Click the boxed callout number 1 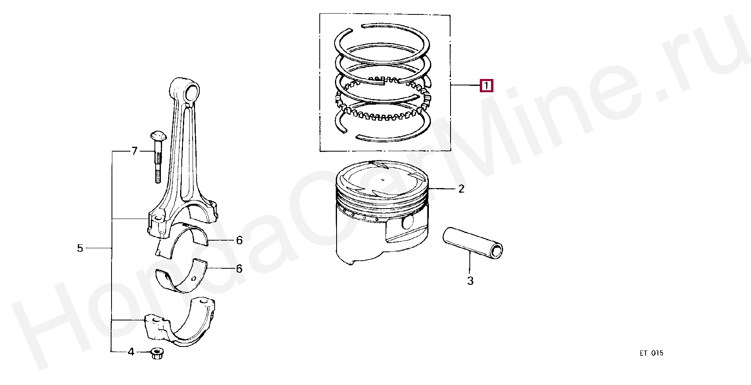pyautogui.click(x=487, y=86)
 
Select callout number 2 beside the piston pyautogui.click(x=461, y=188)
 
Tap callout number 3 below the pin pyautogui.click(x=470, y=281)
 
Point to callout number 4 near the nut pyautogui.click(x=131, y=352)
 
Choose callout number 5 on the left pyautogui.click(x=80, y=248)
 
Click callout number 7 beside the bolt pyautogui.click(x=134, y=151)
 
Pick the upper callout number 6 pyautogui.click(x=239, y=240)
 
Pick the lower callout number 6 pyautogui.click(x=239, y=268)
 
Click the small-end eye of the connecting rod pyautogui.click(x=191, y=91)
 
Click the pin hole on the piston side pyautogui.click(x=408, y=222)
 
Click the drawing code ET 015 pyautogui.click(x=652, y=353)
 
